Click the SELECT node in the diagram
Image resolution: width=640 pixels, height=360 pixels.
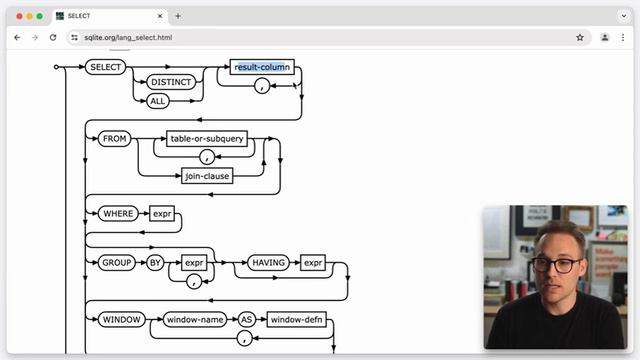click(x=105, y=67)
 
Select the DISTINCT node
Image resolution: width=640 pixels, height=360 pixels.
click(x=171, y=83)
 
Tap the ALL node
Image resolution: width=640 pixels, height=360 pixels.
click(x=156, y=100)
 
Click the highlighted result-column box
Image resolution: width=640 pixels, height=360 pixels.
click(x=261, y=67)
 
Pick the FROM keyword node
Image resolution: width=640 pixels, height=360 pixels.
click(x=115, y=139)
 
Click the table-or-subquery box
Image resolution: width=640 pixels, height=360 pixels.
click(x=207, y=139)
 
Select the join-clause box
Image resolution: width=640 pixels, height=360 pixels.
click(x=207, y=176)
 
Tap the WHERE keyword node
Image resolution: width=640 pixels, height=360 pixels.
click(x=120, y=214)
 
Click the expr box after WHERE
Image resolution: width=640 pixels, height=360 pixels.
click(x=162, y=214)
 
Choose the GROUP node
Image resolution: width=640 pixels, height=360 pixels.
click(x=117, y=262)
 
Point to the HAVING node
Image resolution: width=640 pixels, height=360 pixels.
click(x=268, y=262)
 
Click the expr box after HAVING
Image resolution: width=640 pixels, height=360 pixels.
click(x=313, y=262)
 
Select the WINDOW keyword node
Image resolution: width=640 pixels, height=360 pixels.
click(x=122, y=320)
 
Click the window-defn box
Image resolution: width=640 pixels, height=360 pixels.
click(x=296, y=320)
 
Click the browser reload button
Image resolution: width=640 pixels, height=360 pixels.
click(x=53, y=37)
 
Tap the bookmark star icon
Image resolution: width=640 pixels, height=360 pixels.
click(x=580, y=37)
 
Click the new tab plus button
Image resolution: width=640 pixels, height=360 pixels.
click(x=178, y=16)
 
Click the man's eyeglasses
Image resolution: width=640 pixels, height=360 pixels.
click(x=556, y=264)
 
